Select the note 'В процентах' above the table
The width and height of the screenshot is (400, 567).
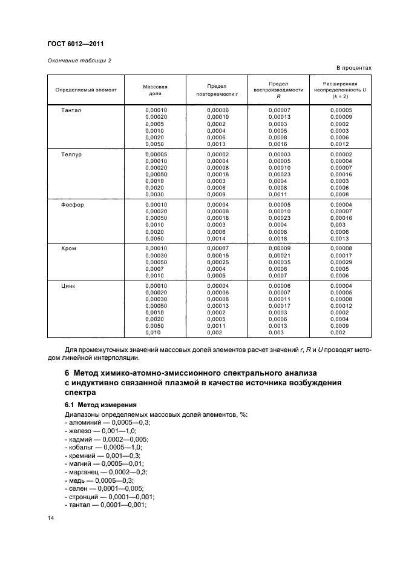tap(352, 68)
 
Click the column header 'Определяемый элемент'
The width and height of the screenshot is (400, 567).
tap(86, 90)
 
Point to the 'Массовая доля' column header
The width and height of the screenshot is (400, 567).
tap(155, 90)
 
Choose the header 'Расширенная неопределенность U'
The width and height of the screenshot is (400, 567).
tap(340, 89)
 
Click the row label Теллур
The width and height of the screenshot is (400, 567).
tap(71, 154)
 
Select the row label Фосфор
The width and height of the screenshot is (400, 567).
tap(72, 205)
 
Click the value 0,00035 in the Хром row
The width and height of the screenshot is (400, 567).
tap(279, 262)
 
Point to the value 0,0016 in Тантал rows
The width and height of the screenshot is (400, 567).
tap(278, 144)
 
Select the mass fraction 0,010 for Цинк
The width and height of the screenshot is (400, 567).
tap(154, 332)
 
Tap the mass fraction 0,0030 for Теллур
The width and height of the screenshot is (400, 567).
tap(155, 194)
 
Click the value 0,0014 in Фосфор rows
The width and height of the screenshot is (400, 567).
tap(216, 238)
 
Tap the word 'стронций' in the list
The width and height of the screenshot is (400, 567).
tap(84, 496)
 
